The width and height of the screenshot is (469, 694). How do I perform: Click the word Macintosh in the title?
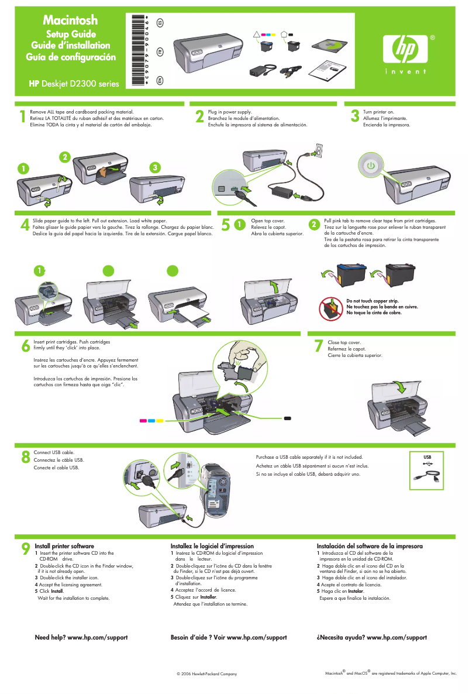(71, 22)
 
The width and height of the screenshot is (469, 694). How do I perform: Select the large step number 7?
(318, 346)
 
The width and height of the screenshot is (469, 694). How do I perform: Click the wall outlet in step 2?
(318, 151)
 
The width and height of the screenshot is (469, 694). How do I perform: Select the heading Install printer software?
(64, 546)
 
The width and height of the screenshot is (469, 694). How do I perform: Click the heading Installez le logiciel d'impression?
(212, 546)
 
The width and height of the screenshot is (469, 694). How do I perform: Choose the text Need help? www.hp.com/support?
(81, 637)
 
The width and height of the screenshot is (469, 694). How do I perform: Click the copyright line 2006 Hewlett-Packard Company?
(206, 674)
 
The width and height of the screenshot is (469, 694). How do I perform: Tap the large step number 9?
(25, 548)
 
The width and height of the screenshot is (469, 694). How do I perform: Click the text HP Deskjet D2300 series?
(74, 83)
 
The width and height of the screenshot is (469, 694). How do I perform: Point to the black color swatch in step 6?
(288, 418)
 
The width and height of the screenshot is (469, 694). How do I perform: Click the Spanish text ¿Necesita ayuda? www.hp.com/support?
(371, 637)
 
